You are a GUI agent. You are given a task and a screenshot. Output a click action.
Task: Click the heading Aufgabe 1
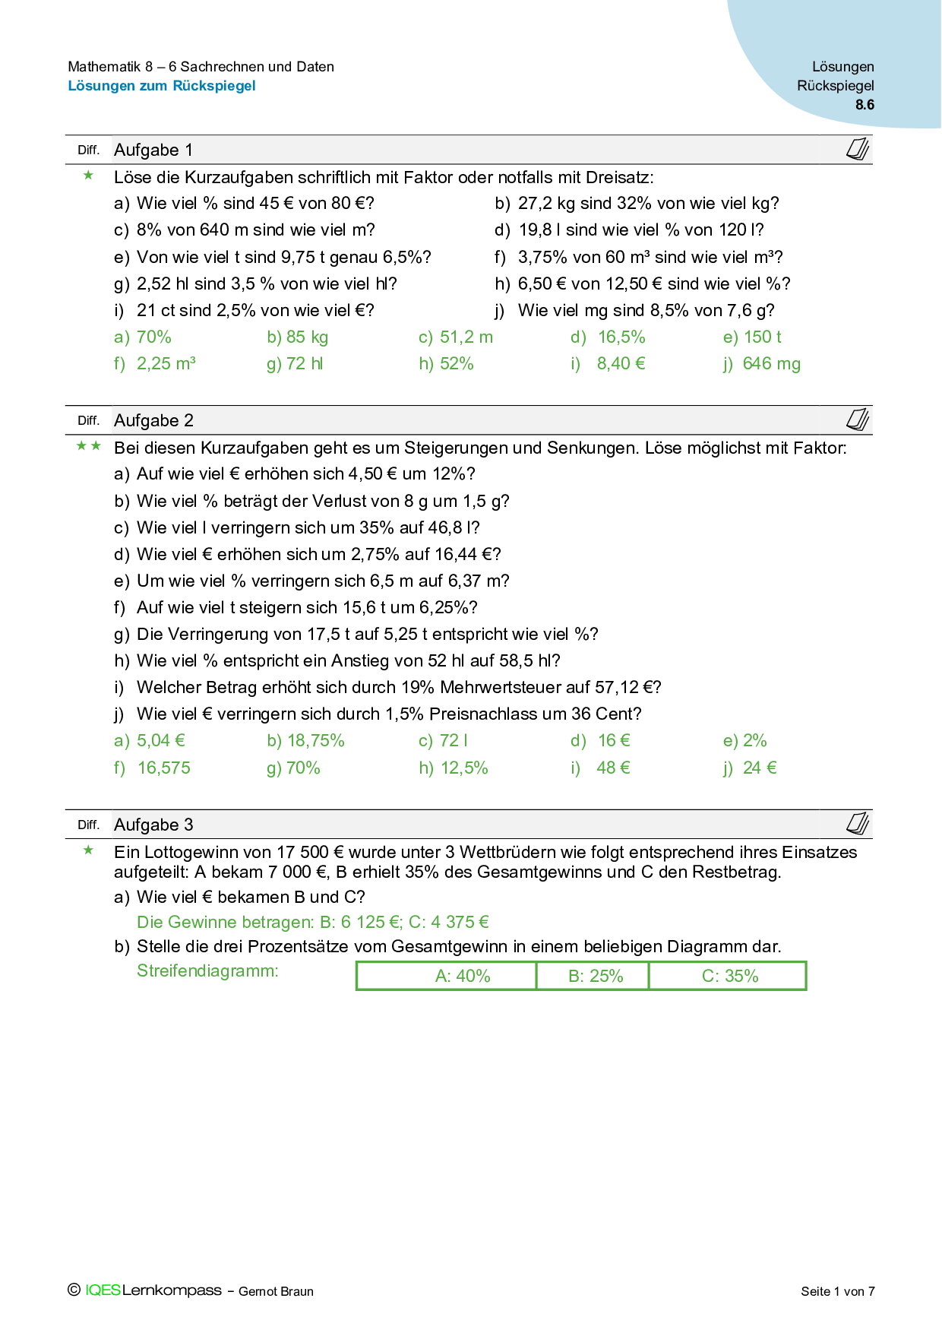tap(153, 150)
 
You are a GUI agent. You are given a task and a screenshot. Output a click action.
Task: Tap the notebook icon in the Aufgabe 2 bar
tap(858, 420)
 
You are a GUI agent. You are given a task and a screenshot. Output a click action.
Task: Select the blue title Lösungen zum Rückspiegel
tap(162, 86)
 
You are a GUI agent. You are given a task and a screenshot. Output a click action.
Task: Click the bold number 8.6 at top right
tap(865, 105)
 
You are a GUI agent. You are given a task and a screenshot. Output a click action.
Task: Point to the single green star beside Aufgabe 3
tap(89, 850)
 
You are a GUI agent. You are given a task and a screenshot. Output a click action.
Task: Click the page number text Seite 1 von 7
tap(837, 1291)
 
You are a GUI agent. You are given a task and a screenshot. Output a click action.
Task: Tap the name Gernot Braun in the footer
tap(276, 1291)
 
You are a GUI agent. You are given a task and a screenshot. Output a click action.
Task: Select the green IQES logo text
tap(103, 1290)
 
